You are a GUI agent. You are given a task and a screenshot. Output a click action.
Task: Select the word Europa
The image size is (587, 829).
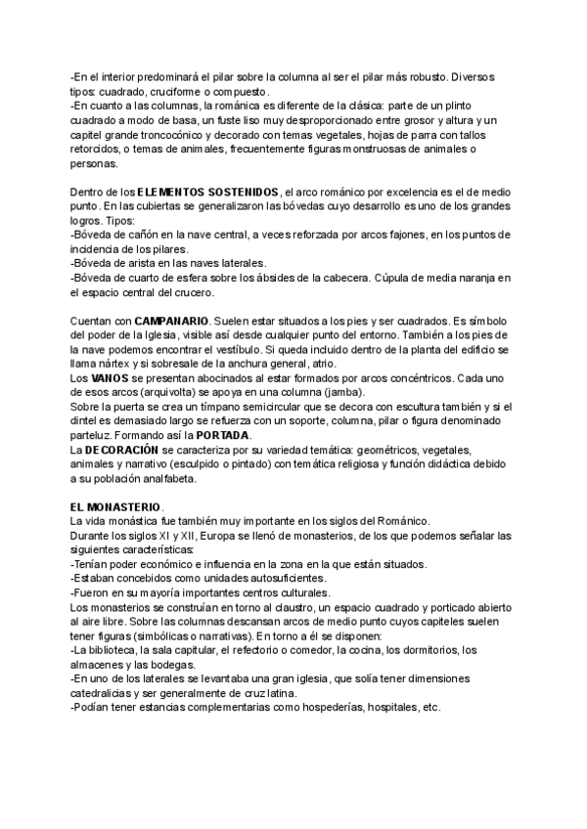(x=203, y=537)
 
